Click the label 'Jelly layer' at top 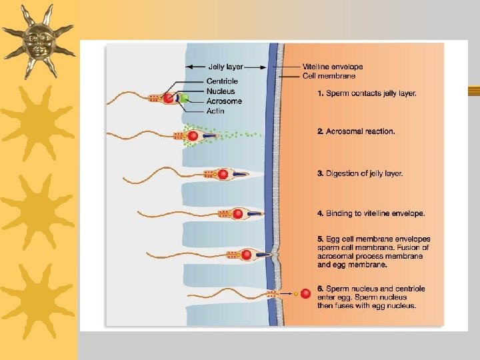click(x=226, y=67)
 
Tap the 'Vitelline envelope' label click(x=332, y=67)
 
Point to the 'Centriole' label click(x=222, y=81)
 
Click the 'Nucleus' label click(x=221, y=91)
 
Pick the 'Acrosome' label click(x=224, y=101)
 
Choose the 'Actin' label click(x=215, y=111)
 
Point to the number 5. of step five click(x=321, y=239)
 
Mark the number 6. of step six click(x=321, y=289)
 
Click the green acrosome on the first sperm click(x=184, y=99)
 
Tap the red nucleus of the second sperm click(x=193, y=136)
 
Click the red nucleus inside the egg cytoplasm click(x=305, y=293)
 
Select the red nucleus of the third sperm click(x=223, y=174)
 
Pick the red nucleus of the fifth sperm click(x=247, y=255)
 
